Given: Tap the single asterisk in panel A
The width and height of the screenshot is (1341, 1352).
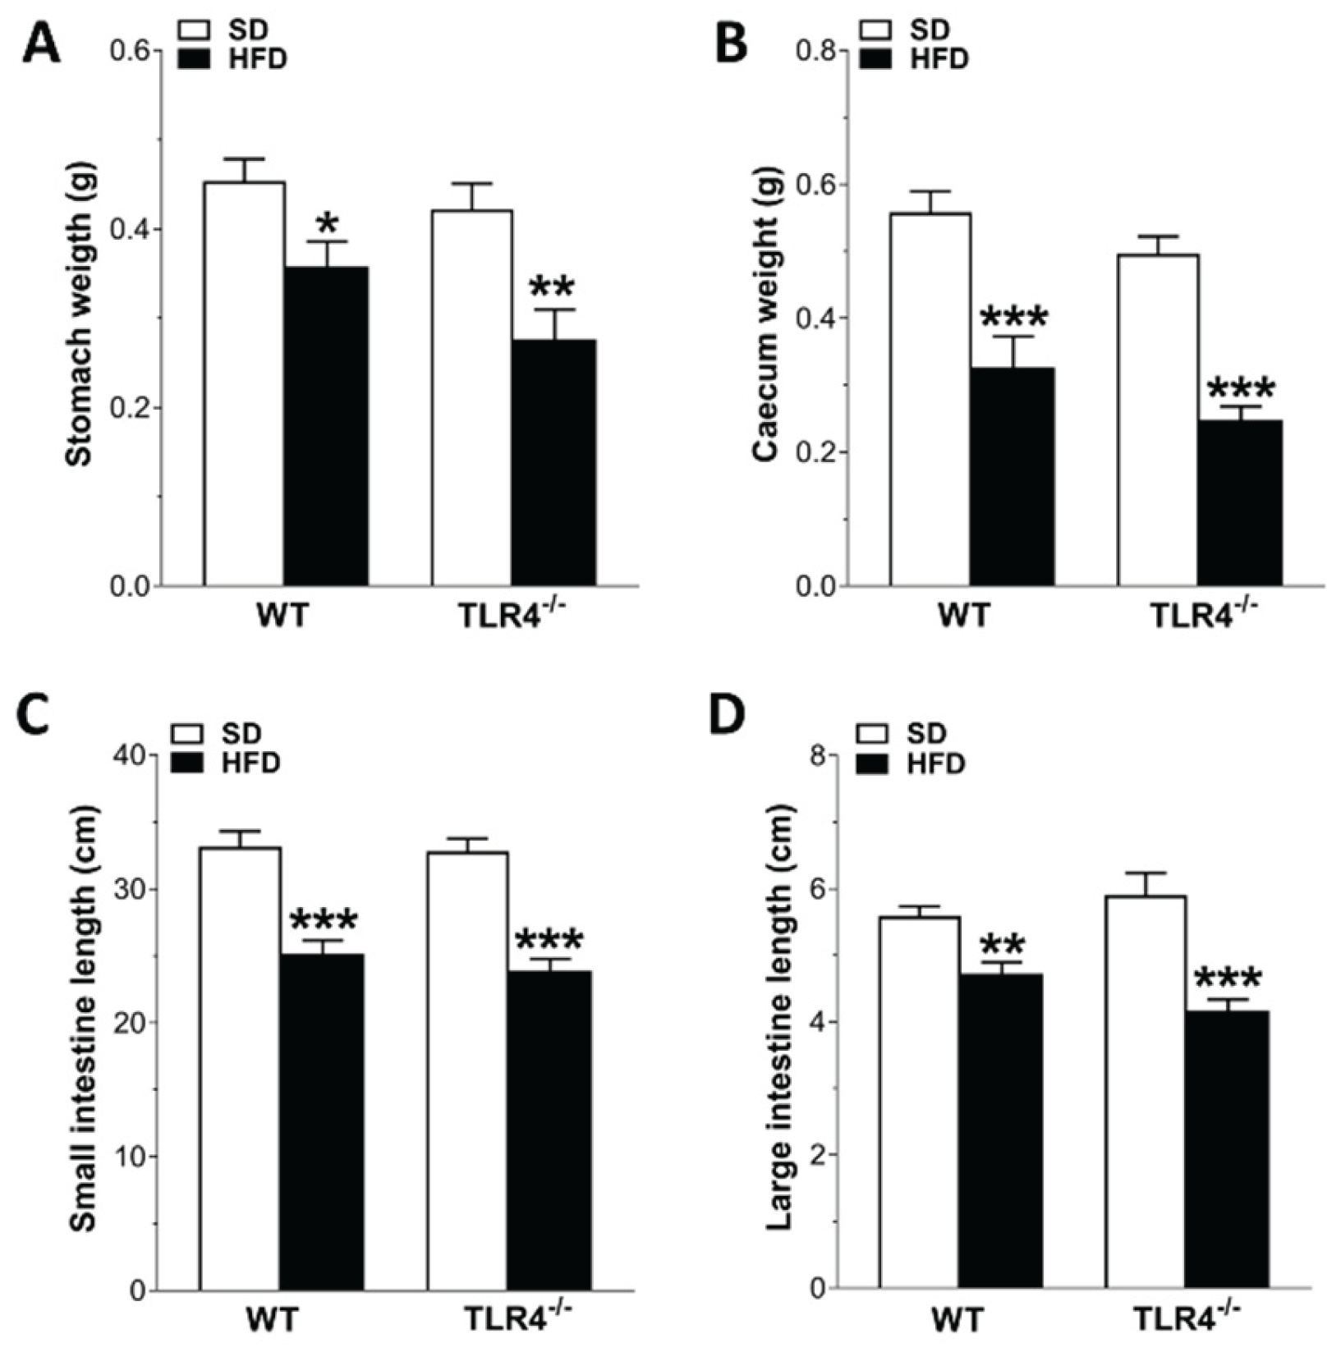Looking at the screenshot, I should tap(327, 222).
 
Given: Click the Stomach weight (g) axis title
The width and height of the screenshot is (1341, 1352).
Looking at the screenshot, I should tap(80, 315).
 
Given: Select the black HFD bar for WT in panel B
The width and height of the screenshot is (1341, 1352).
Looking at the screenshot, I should tap(1012, 476).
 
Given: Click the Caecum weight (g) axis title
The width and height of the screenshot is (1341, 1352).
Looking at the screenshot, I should tap(765, 317).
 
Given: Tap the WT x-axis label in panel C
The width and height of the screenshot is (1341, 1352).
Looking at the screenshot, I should tap(272, 1321).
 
